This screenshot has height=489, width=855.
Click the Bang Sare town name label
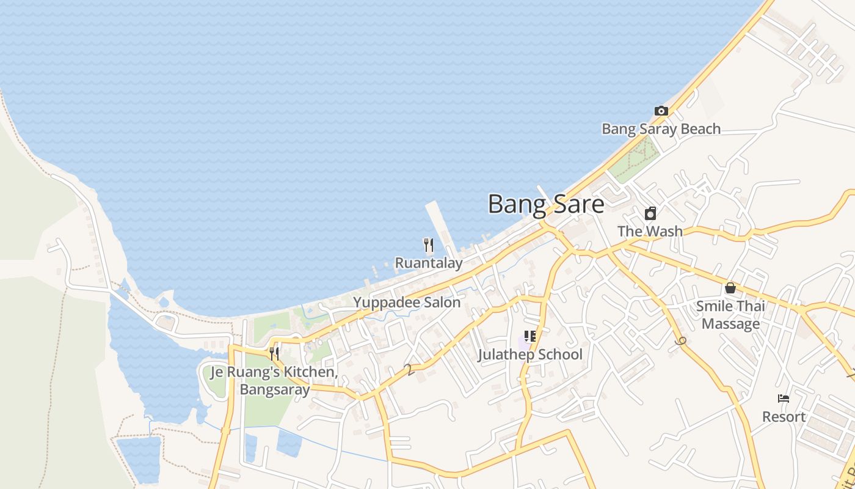tap(546, 204)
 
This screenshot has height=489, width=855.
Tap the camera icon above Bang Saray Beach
tap(661, 111)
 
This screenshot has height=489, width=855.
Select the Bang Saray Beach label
tap(661, 129)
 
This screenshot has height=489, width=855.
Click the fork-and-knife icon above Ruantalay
tap(428, 245)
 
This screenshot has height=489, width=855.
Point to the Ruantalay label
tap(428, 263)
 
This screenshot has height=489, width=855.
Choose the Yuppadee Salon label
tap(407, 302)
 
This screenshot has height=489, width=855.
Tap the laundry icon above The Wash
tap(650, 213)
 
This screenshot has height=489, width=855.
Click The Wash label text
tap(650, 231)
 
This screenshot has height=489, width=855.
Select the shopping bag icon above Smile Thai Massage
tap(730, 288)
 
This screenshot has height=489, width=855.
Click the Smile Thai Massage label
tap(730, 314)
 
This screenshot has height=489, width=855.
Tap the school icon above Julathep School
tap(529, 336)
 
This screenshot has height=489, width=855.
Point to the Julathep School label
tap(529, 355)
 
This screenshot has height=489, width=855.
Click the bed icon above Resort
tap(784, 399)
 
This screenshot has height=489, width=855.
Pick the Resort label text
tap(784, 417)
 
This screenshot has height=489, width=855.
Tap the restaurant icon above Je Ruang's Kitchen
tap(274, 353)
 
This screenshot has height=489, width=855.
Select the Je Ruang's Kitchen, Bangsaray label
tap(274, 380)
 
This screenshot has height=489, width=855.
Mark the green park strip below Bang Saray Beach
tap(636, 160)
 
